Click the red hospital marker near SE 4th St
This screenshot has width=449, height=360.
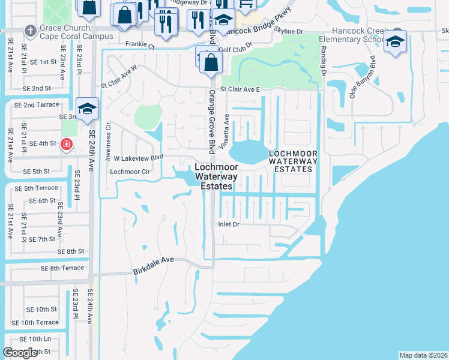[66, 144]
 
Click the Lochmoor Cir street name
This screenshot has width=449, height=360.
[129, 171]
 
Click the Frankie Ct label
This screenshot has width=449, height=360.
[140, 45]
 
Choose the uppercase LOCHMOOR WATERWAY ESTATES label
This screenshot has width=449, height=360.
[291, 161]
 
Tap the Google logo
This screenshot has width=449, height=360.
[20, 353]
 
